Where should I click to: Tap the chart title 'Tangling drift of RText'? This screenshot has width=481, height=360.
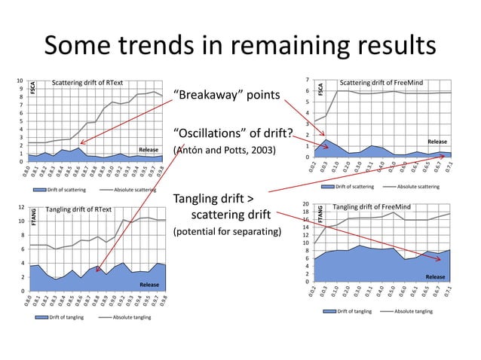tap(79, 209)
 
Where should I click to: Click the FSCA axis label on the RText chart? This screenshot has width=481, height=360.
tap(32, 87)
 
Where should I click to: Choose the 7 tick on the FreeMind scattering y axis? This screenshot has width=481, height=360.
tap(307, 80)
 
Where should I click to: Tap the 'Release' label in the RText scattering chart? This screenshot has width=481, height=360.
tap(148, 150)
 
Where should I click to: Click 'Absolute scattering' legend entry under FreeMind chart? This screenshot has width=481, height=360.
tap(418, 186)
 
